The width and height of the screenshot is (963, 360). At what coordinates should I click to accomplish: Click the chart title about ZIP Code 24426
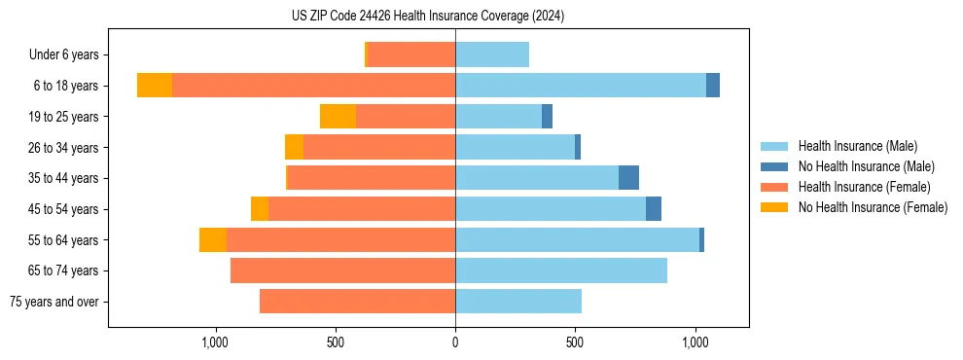click(x=427, y=17)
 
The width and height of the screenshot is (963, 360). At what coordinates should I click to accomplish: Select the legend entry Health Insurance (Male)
click(x=857, y=146)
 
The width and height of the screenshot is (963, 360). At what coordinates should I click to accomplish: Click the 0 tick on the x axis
click(x=455, y=342)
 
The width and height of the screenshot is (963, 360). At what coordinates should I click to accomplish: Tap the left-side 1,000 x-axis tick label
click(x=214, y=342)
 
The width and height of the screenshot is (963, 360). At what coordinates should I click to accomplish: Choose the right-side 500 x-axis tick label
click(x=575, y=342)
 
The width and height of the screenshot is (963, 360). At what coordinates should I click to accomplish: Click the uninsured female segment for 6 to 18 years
click(x=155, y=86)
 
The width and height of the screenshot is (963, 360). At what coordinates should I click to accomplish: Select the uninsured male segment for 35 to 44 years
click(x=628, y=178)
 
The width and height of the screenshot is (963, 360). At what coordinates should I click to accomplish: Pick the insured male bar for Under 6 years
click(x=492, y=54)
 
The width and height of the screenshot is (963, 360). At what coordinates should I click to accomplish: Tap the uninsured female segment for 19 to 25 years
click(x=338, y=117)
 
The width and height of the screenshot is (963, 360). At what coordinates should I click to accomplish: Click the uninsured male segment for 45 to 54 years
click(x=654, y=209)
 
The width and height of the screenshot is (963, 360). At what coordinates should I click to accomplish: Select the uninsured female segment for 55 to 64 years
click(x=213, y=239)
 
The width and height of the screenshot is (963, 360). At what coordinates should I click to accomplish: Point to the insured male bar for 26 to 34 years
click(x=515, y=147)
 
